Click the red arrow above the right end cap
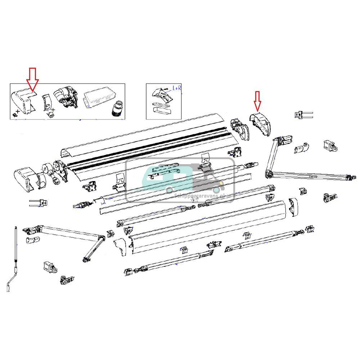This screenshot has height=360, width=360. (x=257, y=100)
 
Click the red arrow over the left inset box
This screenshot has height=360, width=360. (x=33, y=78)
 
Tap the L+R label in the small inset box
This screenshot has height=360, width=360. (x=177, y=87)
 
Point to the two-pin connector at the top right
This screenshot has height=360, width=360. (x=303, y=115)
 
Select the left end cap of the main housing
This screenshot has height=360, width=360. (x=25, y=179)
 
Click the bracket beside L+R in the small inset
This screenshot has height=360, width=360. (x=159, y=94)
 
